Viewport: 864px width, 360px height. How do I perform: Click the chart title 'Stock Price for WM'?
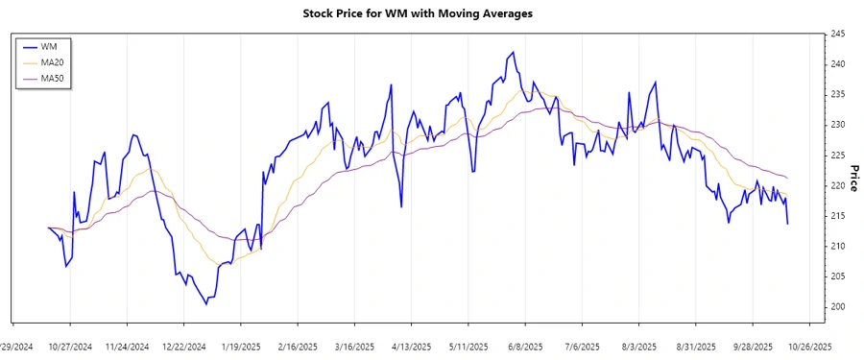pos(431,13)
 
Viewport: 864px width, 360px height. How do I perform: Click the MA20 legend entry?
pos(53,61)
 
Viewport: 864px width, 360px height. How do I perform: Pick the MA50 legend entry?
pos(53,77)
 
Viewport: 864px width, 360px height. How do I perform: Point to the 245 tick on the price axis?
pos(838,34)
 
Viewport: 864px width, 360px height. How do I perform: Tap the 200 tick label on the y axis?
pos(838,307)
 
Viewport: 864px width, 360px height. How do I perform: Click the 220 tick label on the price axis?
pos(838,185)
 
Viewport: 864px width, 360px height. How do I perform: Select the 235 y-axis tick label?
pos(838,94)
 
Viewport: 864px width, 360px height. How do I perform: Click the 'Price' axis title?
pos(852,171)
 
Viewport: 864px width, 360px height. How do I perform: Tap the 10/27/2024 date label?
pos(70,347)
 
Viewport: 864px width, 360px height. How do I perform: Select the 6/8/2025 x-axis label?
pos(525,347)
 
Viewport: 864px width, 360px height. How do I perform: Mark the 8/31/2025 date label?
pos(696,347)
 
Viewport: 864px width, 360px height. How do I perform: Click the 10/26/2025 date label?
pos(810,347)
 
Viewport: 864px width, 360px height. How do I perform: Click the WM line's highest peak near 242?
pos(514,52)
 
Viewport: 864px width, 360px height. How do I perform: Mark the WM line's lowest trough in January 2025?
pos(206,304)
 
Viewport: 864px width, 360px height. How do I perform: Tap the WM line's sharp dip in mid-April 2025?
pos(401,206)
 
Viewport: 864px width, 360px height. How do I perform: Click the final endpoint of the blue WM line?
pos(788,224)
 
